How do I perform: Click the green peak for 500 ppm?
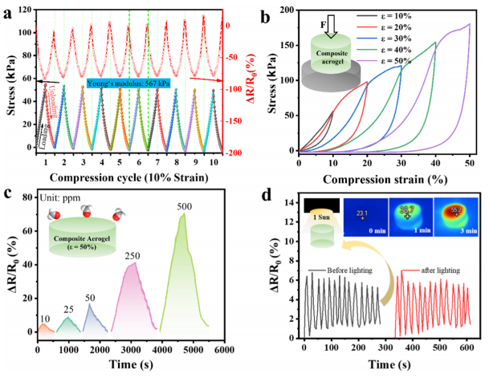tap(184, 217)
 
